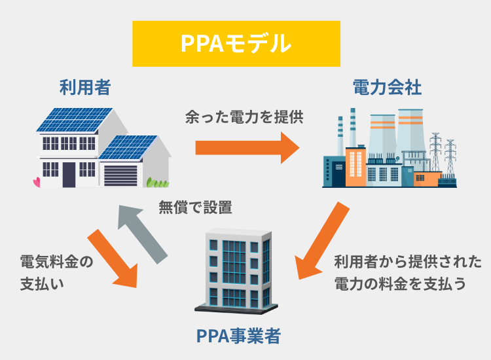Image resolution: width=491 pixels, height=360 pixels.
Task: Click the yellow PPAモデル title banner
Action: pyautogui.click(x=236, y=44)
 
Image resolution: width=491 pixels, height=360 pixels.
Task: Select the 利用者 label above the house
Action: pyautogui.click(x=84, y=86)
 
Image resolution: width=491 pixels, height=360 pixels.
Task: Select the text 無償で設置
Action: pyautogui.click(x=195, y=208)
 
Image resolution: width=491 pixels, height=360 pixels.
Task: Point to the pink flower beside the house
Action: pyautogui.click(x=36, y=181)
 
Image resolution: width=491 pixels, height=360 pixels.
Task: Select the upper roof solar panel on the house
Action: pyautogui.click(x=65, y=121)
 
